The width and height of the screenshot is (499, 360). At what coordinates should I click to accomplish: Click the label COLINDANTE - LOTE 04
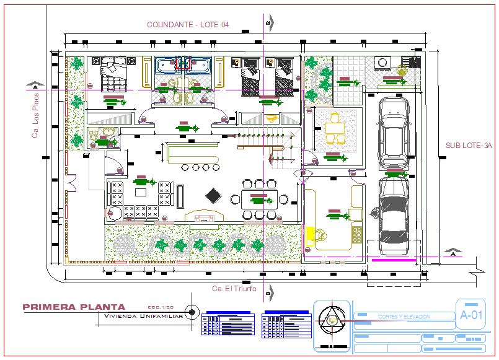click(x=188, y=24)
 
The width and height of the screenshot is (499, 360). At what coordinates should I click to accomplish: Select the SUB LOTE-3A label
click(x=468, y=146)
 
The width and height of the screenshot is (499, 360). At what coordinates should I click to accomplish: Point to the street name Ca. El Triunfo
click(x=235, y=289)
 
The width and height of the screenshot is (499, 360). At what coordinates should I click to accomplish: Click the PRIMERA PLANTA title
click(x=74, y=307)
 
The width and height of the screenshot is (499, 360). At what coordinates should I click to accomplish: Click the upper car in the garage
click(x=393, y=132)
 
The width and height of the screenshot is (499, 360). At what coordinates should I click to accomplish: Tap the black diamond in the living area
click(x=214, y=195)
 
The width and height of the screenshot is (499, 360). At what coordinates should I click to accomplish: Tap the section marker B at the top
click(x=268, y=23)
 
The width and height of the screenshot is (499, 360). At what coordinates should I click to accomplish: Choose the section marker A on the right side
click(x=453, y=254)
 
